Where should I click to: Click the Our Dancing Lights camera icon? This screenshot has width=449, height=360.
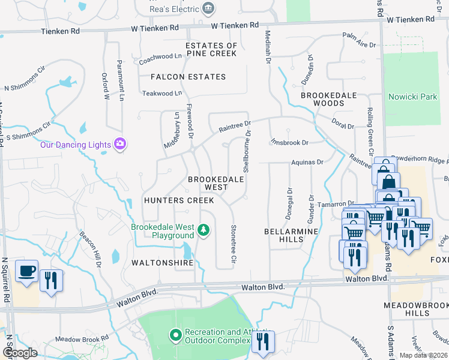(120, 144)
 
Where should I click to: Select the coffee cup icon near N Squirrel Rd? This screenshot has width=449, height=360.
(26, 272)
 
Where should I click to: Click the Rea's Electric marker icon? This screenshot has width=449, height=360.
(208, 8)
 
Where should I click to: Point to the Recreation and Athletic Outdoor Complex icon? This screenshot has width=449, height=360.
(175, 335)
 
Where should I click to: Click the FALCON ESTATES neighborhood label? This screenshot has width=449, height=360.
(188, 77)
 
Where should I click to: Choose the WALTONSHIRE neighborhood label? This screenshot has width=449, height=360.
(162, 263)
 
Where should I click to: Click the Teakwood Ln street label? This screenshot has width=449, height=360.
(161, 93)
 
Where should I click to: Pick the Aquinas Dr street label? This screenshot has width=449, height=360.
(307, 162)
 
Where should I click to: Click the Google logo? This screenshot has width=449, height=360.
(20, 353)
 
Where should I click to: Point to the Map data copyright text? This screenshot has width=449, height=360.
(423, 355)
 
